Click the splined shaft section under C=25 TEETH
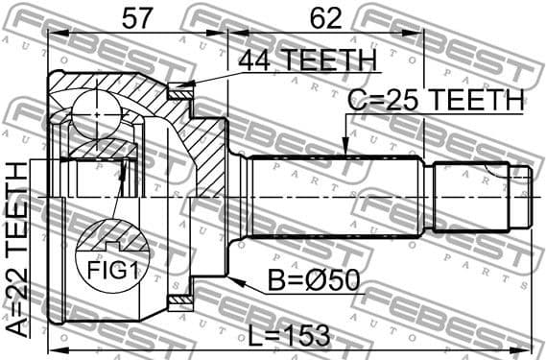336,197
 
